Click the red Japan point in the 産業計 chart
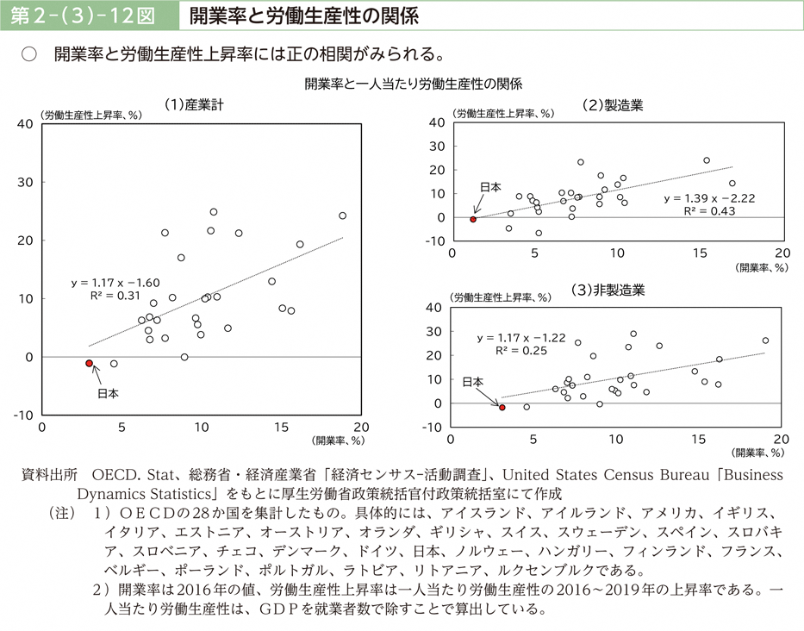pos(89,363)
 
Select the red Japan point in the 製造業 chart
pos(473,219)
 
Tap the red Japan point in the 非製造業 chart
pos(502,407)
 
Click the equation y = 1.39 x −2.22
pos(708,198)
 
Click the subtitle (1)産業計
pos(194,104)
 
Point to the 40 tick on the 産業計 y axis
pos(25,124)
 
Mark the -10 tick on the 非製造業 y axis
pos(433,428)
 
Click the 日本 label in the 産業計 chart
pos(108,394)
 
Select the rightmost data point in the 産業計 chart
pos(342,216)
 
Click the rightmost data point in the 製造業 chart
pos(732,183)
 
